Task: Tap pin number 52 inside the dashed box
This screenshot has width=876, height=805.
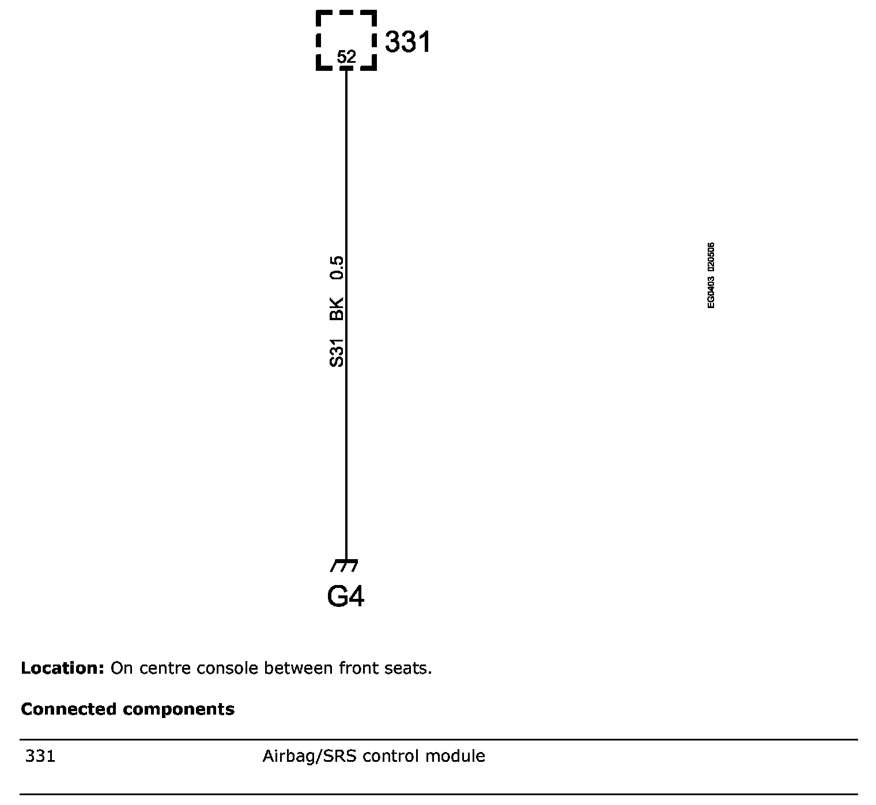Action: pyautogui.click(x=346, y=57)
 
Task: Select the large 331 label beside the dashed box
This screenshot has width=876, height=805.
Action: pyautogui.click(x=407, y=43)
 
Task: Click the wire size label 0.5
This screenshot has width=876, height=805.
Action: pyautogui.click(x=337, y=268)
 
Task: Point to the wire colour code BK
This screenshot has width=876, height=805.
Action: pyautogui.click(x=337, y=309)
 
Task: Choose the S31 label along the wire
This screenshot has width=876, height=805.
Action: pyautogui.click(x=337, y=352)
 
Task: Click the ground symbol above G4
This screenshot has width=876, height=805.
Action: pyautogui.click(x=345, y=565)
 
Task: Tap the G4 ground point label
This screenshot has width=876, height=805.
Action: pyautogui.click(x=346, y=597)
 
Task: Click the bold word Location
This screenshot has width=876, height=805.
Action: pyautogui.click(x=62, y=669)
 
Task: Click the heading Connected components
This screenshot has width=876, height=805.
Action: pyautogui.click(x=127, y=709)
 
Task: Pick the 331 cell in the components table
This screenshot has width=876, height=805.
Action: pyautogui.click(x=40, y=756)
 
